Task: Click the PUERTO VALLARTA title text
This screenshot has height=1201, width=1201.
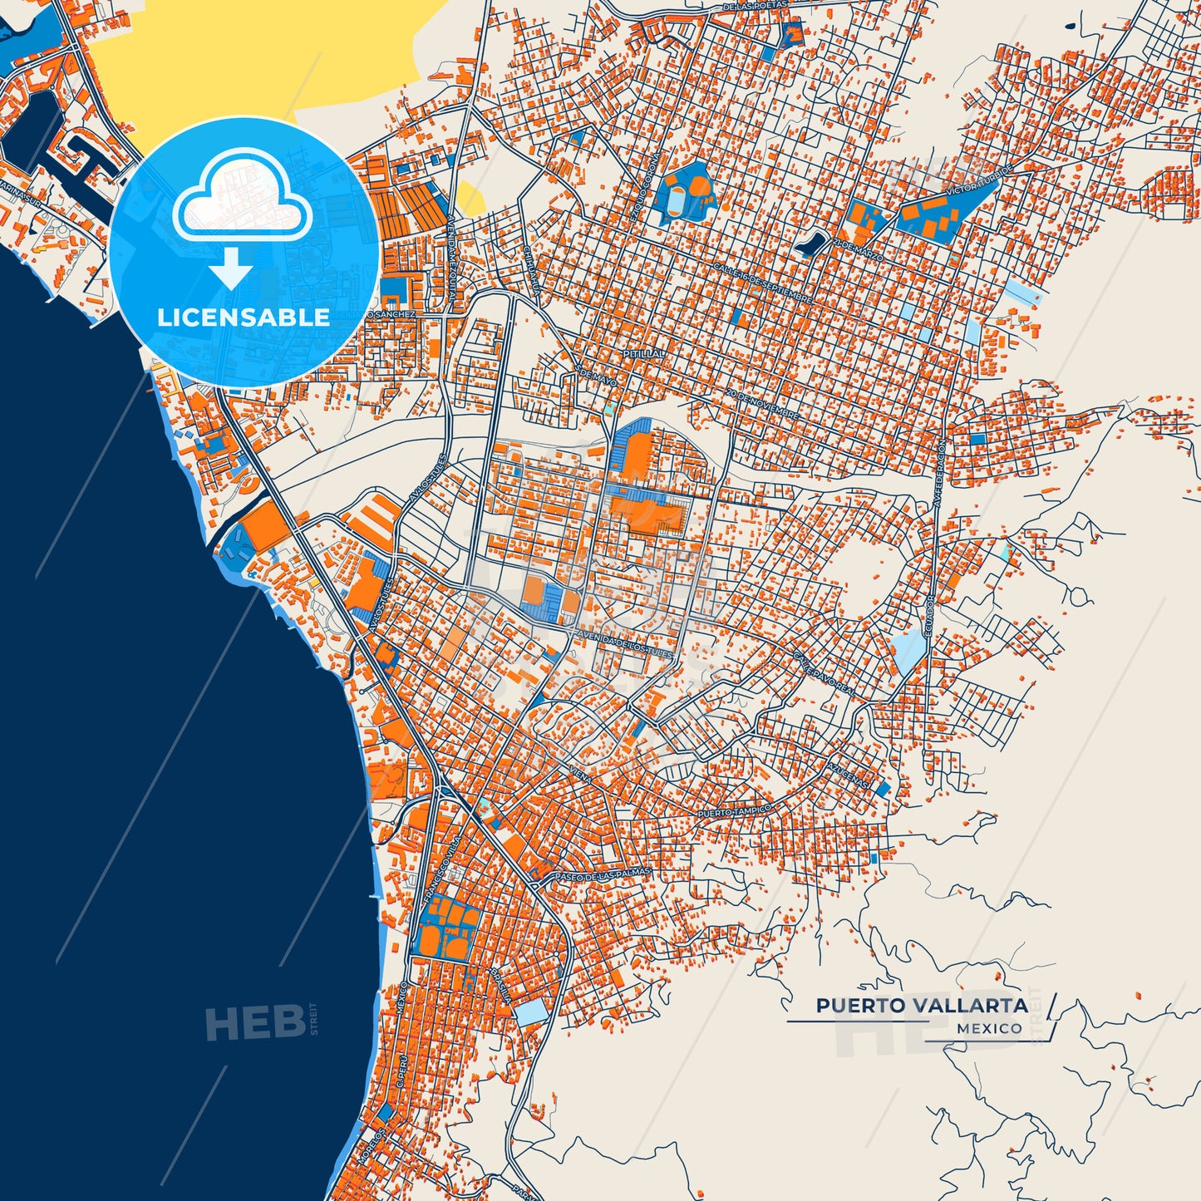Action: (922, 1006)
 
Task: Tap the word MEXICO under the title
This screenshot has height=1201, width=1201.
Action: (989, 1028)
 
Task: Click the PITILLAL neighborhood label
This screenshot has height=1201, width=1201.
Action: (644, 353)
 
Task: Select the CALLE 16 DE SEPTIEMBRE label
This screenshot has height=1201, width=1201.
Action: (762, 282)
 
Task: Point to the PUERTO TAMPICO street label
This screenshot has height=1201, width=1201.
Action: (735, 810)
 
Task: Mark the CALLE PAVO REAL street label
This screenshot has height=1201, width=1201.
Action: (823, 674)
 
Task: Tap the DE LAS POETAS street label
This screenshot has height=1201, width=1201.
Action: (755, 7)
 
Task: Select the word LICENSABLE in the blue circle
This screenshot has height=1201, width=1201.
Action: (244, 317)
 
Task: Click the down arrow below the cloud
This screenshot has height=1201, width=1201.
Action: (231, 268)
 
